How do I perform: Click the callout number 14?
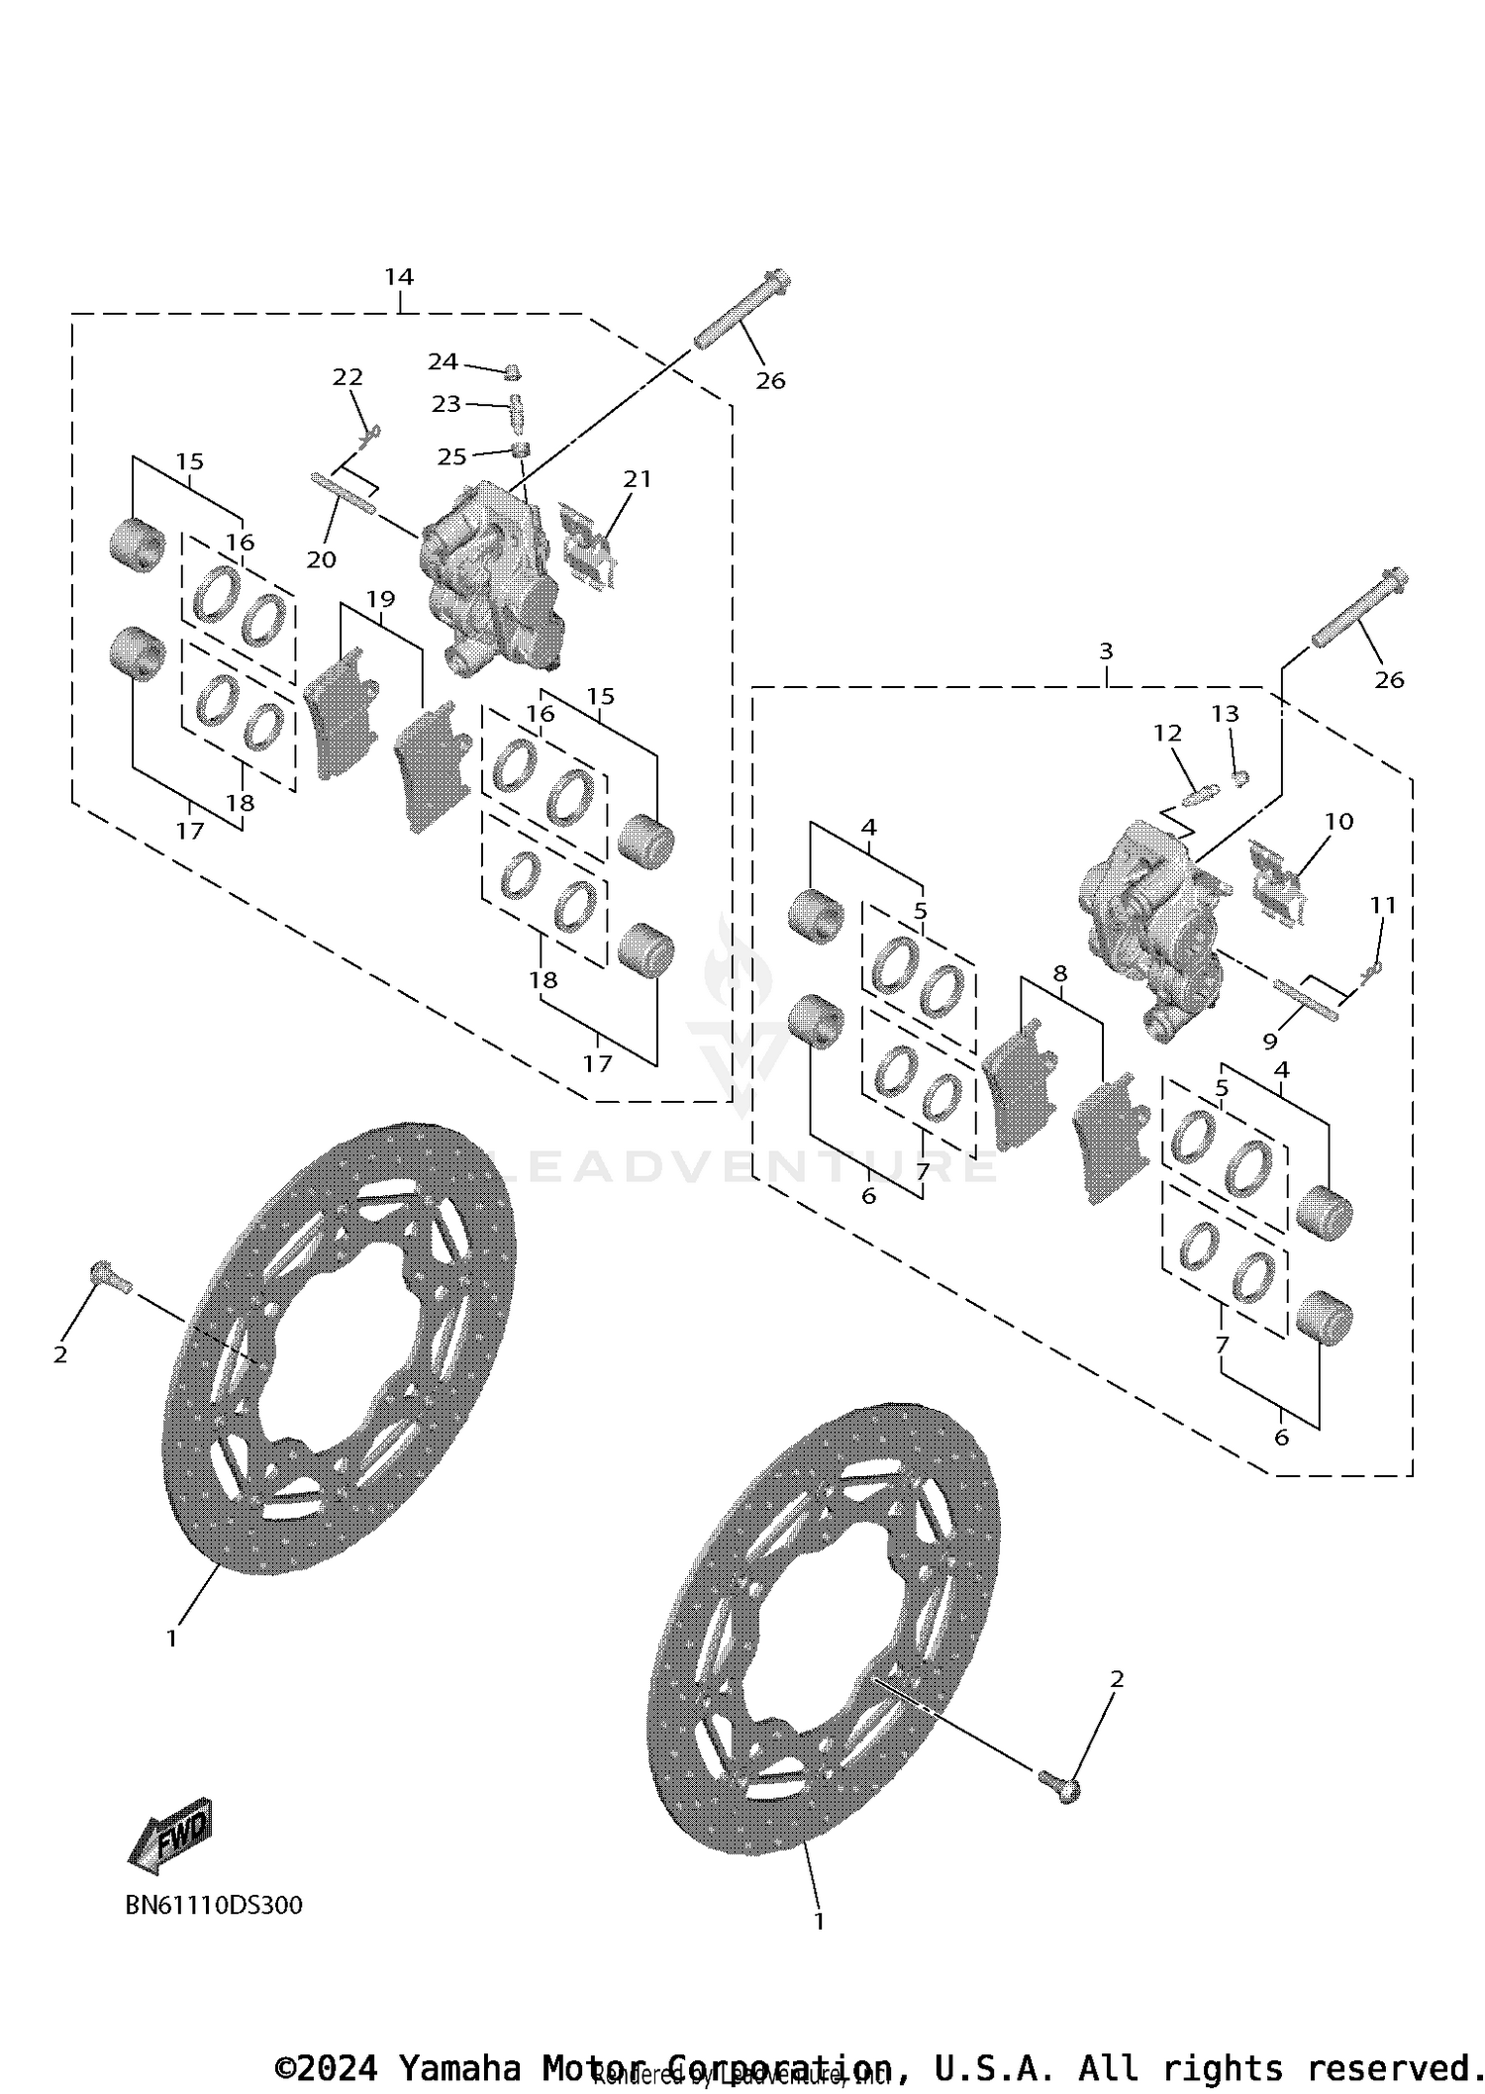399,276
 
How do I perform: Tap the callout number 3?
1106,651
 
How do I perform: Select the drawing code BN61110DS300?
214,1905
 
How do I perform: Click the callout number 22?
347,377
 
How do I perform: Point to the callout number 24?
443,361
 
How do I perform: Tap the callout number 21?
638,479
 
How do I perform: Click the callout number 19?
380,599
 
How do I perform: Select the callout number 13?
1225,714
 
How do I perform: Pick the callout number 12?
1167,734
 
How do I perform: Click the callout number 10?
1338,821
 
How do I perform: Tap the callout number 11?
1383,905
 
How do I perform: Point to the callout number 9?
1270,1041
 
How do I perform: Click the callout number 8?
1060,973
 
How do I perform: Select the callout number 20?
321,559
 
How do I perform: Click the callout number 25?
451,456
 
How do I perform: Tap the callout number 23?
445,403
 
